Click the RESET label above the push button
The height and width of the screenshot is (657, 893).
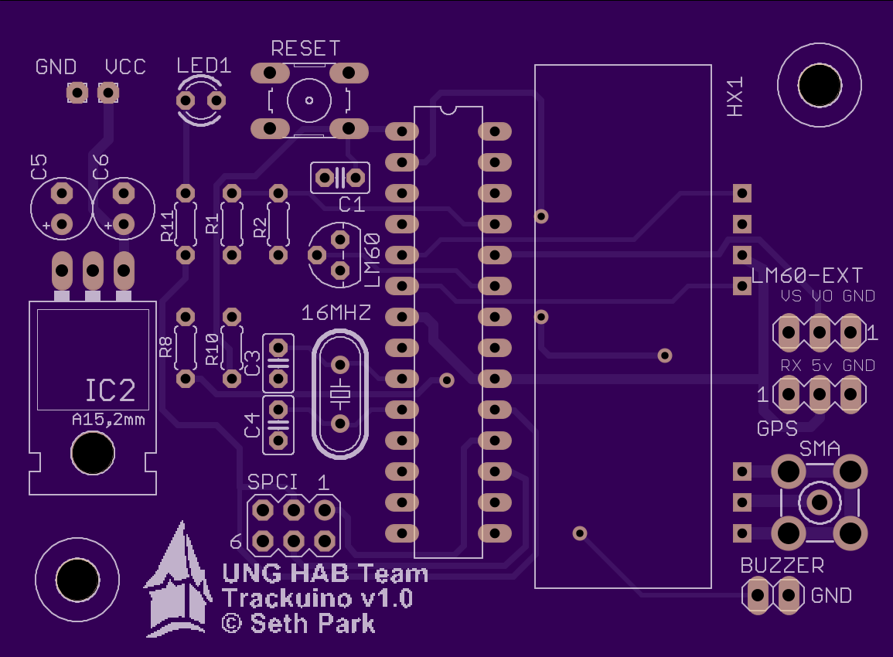[x=305, y=49]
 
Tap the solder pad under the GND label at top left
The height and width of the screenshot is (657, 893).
[x=77, y=92]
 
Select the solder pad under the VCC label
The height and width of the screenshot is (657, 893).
[x=108, y=92]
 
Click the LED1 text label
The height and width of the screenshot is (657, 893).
[x=204, y=66]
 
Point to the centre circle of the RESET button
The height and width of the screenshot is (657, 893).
[x=309, y=100]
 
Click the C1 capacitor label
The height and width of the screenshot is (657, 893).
[x=351, y=204]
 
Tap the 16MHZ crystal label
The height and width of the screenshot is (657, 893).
[x=336, y=312]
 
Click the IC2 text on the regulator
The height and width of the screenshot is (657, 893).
[x=111, y=390]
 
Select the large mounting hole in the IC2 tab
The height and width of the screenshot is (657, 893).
[x=93, y=453]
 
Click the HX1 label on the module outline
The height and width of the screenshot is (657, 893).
[x=735, y=97]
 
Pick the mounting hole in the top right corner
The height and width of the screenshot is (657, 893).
[x=820, y=85]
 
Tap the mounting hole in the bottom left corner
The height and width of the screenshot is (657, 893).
[x=77, y=580]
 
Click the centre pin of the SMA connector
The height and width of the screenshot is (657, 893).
[x=820, y=502]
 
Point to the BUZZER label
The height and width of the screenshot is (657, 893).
[x=782, y=565]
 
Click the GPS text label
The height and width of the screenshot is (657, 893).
[x=777, y=429]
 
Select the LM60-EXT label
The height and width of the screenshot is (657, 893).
[x=807, y=276]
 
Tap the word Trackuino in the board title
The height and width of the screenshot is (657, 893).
[x=287, y=599]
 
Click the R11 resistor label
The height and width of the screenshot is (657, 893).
[x=168, y=226]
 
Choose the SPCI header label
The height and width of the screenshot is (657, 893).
[x=272, y=482]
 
